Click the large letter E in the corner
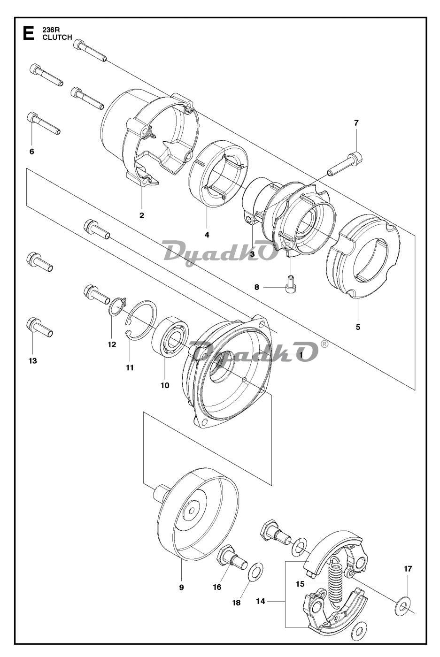click(28, 33)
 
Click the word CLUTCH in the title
click(57, 37)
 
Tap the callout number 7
click(356, 123)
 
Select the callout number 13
click(33, 360)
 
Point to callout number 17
click(408, 569)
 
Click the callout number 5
click(358, 327)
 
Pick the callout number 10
click(165, 385)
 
